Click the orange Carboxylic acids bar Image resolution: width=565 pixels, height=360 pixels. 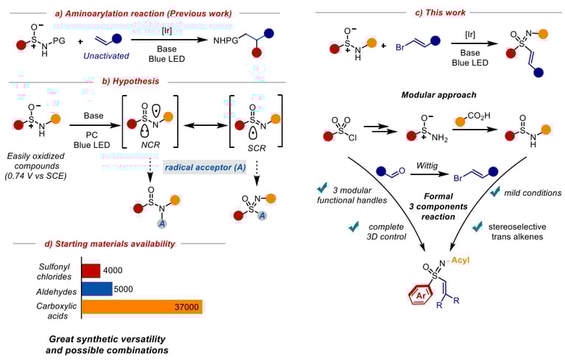point(141,306)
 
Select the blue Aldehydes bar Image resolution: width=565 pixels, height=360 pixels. point(96,288)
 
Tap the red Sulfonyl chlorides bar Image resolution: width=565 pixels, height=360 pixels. point(90,271)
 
